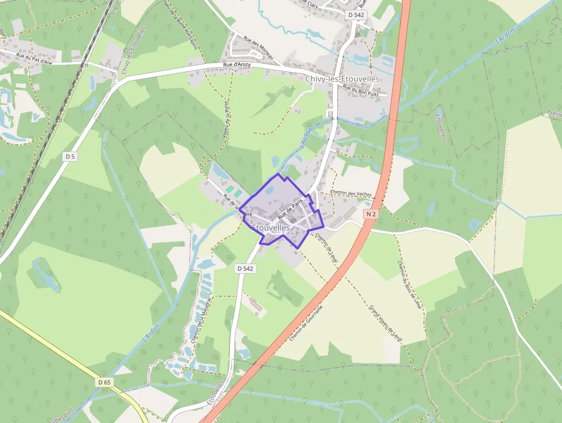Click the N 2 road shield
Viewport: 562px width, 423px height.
[x=371, y=214]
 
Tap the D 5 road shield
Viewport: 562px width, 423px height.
[x=70, y=156]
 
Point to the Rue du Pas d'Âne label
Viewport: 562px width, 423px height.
[x=34, y=58]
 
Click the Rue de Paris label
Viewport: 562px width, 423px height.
[x=290, y=209]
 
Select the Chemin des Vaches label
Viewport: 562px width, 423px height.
[x=351, y=194]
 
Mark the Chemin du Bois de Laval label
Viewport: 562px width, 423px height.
[x=409, y=285]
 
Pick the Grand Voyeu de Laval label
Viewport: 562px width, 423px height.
[x=385, y=324]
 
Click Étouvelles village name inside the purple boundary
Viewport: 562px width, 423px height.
[x=270, y=228]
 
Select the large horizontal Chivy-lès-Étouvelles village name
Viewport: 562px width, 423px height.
[x=342, y=79]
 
